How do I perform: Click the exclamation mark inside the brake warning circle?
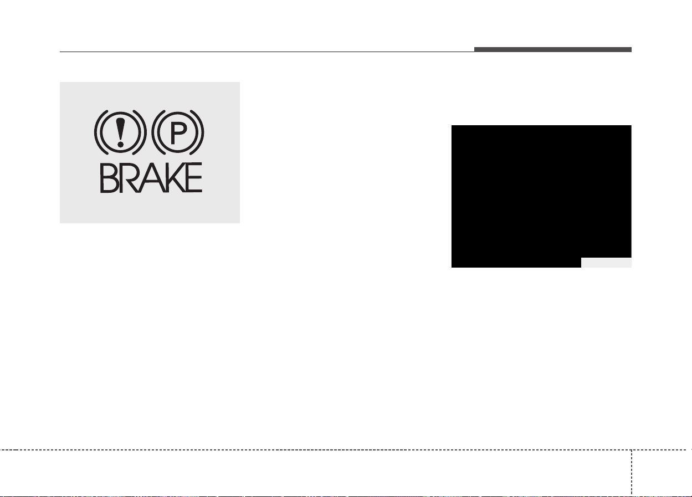click(120, 132)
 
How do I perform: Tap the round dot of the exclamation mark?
click(120, 144)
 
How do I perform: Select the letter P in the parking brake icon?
click(178, 133)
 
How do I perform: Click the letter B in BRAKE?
click(109, 178)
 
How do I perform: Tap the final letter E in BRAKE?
click(194, 178)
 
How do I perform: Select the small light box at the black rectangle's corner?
click(606, 263)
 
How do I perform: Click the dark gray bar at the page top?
click(553, 49)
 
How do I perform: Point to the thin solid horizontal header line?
click(267, 52)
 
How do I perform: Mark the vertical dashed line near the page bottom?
click(632, 473)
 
